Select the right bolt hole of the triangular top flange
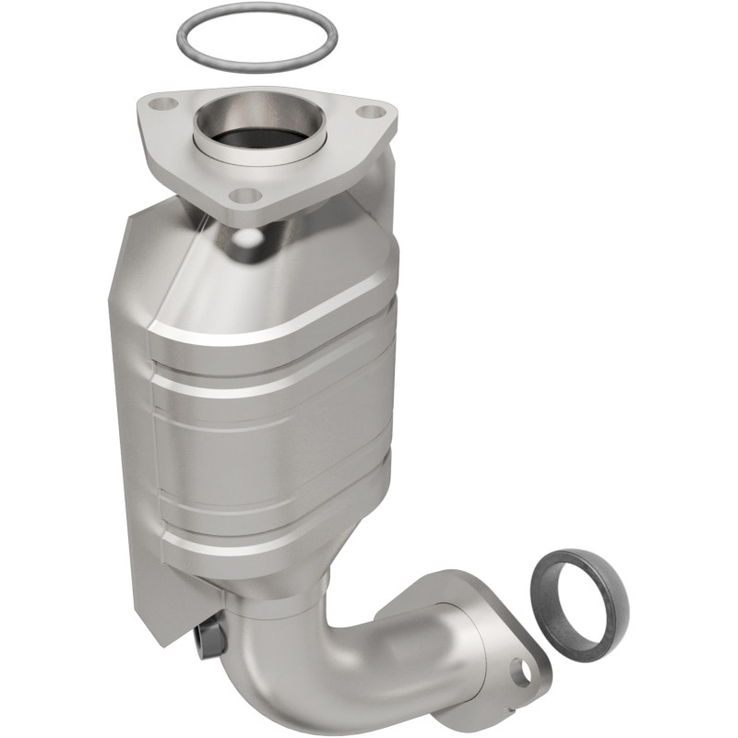(x=370, y=113)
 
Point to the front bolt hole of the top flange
(x=245, y=195)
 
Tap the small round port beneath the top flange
(x=246, y=237)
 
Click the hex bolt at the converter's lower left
(x=210, y=638)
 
